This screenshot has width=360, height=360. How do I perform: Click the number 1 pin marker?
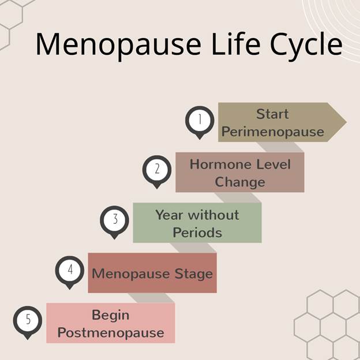pyautogui.click(x=200, y=120)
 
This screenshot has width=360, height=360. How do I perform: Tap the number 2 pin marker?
pyautogui.click(x=157, y=170)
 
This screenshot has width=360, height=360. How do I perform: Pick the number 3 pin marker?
pyautogui.click(x=114, y=220)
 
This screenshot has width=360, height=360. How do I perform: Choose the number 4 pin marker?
pyautogui.click(x=70, y=270)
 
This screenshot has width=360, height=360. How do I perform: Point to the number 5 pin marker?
pyautogui.click(x=28, y=320)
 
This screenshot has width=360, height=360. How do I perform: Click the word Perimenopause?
pyautogui.click(x=273, y=132)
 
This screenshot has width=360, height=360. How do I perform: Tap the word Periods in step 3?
pyautogui.click(x=197, y=233)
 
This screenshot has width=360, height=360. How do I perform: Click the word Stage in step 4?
pyautogui.click(x=194, y=273)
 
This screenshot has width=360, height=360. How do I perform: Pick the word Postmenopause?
pyautogui.click(x=111, y=333)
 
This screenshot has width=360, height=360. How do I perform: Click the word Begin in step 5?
pyautogui.click(x=111, y=315)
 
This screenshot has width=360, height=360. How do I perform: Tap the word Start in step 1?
pyautogui.click(x=272, y=114)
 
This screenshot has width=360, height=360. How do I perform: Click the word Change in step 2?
pyautogui.click(x=240, y=182)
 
